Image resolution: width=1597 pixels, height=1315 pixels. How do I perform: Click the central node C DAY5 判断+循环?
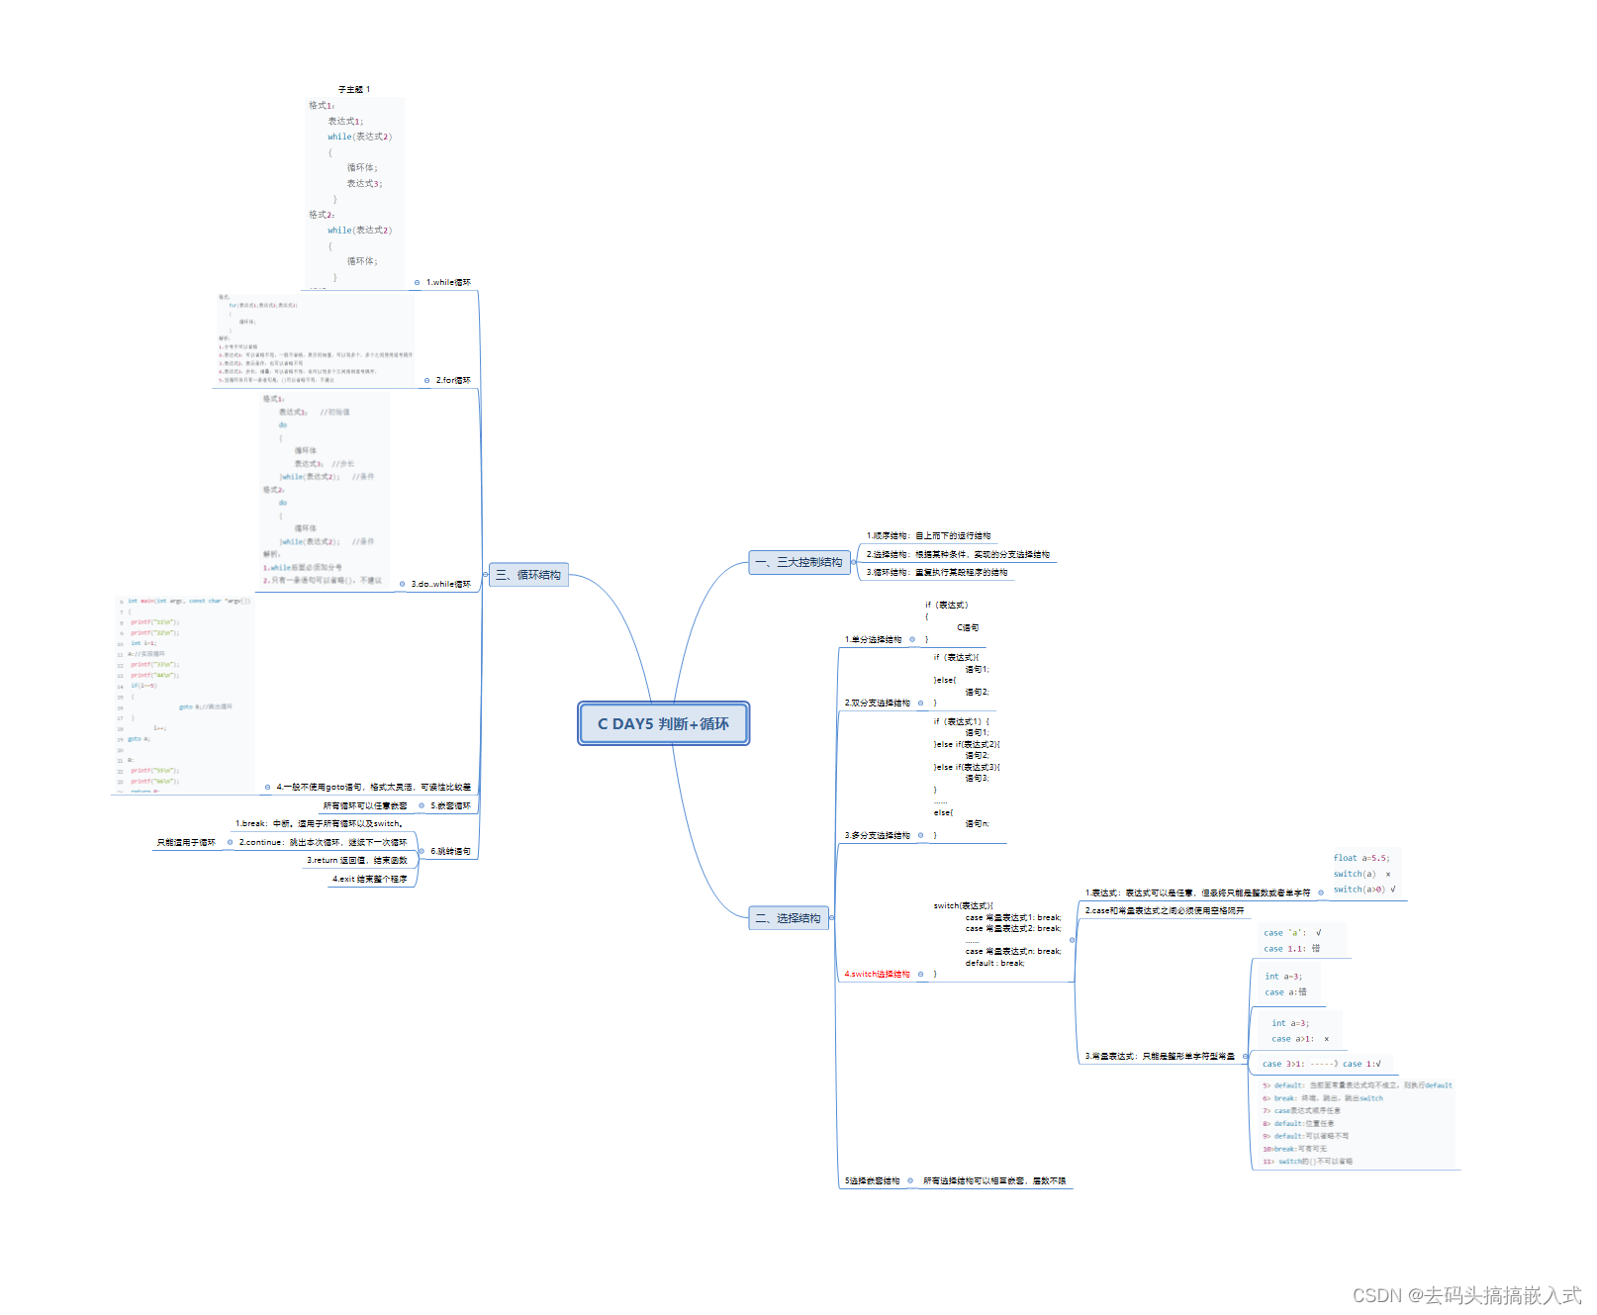[663, 723]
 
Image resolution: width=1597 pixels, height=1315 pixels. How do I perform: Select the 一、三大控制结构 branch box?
[798, 562]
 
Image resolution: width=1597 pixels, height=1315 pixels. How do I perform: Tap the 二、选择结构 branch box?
[788, 918]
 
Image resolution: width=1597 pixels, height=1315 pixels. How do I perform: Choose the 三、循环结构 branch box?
[528, 575]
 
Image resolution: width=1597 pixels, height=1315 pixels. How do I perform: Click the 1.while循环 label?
[448, 283]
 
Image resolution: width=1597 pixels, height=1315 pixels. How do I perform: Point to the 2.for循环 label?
[453, 380]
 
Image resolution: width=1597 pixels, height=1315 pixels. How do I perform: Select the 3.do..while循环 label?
[440, 584]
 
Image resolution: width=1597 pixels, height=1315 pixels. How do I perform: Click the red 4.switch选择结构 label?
[877, 975]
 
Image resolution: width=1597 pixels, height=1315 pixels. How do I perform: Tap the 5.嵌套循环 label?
[450, 806]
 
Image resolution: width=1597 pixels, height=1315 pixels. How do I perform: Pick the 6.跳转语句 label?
[450, 852]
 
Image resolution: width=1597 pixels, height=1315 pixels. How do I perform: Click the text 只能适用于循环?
[186, 843]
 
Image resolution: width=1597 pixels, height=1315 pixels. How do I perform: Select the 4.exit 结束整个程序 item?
[369, 879]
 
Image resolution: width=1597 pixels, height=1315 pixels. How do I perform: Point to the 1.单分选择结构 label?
[873, 640]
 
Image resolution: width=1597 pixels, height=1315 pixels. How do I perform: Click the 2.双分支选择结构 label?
[877, 704]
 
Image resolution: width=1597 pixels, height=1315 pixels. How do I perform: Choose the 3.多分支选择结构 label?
[877, 836]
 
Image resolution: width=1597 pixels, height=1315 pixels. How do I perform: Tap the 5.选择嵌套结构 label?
[872, 1181]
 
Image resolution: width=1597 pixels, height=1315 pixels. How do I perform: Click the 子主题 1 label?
[354, 90]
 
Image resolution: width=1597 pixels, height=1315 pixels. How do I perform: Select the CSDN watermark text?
[1466, 1295]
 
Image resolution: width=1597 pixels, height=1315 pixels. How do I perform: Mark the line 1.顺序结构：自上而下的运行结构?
[928, 536]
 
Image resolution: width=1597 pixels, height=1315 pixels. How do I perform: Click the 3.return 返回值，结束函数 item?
[356, 861]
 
